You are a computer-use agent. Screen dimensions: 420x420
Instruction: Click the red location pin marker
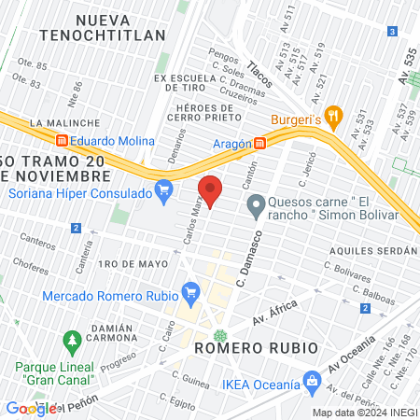coord(212,190)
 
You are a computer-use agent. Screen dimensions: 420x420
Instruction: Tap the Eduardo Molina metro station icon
coord(63,140)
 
